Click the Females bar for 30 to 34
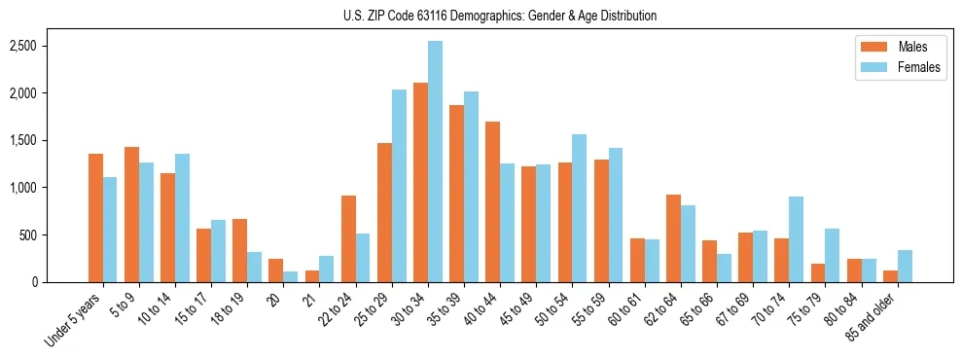pos(435,162)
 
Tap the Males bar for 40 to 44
pos(492,201)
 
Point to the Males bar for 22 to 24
pos(348,238)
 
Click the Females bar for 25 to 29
pos(399,186)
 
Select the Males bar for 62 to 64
pos(673,238)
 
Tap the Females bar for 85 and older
pos(905,266)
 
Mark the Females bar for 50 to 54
pos(580,208)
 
